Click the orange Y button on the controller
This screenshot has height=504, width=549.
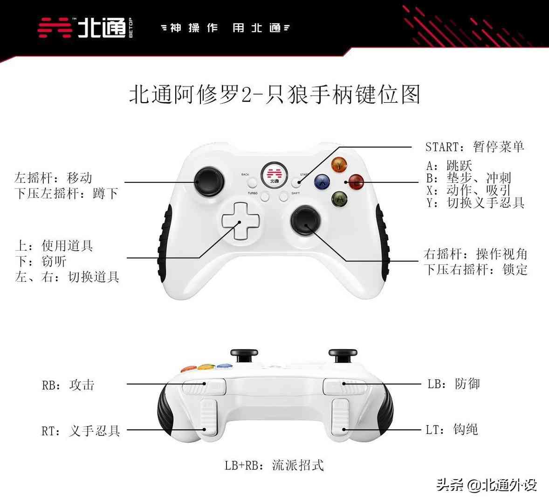click(x=339, y=164)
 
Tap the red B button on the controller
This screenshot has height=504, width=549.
click(x=356, y=182)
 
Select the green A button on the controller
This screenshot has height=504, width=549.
click(x=339, y=199)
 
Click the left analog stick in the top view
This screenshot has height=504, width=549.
click(x=209, y=181)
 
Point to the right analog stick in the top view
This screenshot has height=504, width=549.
click(x=306, y=220)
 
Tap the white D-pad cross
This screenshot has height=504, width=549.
click(x=241, y=221)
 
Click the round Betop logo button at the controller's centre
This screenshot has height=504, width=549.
click(x=274, y=175)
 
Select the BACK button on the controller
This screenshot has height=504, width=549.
click(x=252, y=182)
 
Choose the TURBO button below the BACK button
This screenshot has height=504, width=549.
click(x=265, y=197)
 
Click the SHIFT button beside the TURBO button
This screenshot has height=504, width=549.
click(x=284, y=197)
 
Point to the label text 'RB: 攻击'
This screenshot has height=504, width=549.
click(x=68, y=385)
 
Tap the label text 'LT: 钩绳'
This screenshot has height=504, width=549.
click(x=452, y=429)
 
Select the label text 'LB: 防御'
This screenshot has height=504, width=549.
click(x=453, y=384)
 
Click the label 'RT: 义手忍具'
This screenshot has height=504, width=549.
click(x=81, y=430)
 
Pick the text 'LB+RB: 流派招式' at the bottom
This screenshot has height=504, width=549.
click(x=274, y=465)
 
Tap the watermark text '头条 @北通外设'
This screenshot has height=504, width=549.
click(x=487, y=485)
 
